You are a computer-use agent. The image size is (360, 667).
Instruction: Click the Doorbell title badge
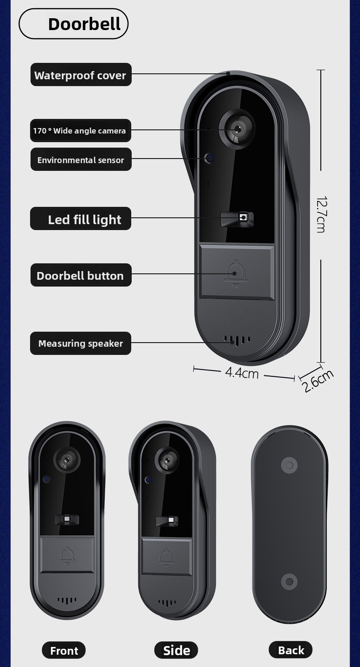coord(73,24)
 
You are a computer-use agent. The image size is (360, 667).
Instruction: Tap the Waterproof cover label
coord(81,75)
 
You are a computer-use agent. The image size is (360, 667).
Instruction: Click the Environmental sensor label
coord(81,160)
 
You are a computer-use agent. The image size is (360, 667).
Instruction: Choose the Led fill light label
coord(81,219)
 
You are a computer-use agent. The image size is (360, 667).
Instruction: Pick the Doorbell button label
coord(81,276)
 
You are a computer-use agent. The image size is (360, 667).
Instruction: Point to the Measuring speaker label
coord(81,344)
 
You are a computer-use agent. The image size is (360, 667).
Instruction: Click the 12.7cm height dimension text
coord(321,214)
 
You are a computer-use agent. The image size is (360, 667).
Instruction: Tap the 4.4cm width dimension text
coord(242,373)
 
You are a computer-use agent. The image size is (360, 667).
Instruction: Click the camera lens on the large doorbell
coord(237,128)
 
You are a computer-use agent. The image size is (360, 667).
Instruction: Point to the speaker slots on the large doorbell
coord(237,340)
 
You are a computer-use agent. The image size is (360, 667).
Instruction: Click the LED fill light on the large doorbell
coord(243,218)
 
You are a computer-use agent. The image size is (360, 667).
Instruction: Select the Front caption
coord(64,651)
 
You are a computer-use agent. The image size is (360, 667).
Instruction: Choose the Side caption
coord(176,651)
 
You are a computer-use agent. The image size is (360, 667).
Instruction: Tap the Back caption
coord(291,650)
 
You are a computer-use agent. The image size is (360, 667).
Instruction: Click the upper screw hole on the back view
coord(289,466)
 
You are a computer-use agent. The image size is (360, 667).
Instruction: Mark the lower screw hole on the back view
coord(289,581)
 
